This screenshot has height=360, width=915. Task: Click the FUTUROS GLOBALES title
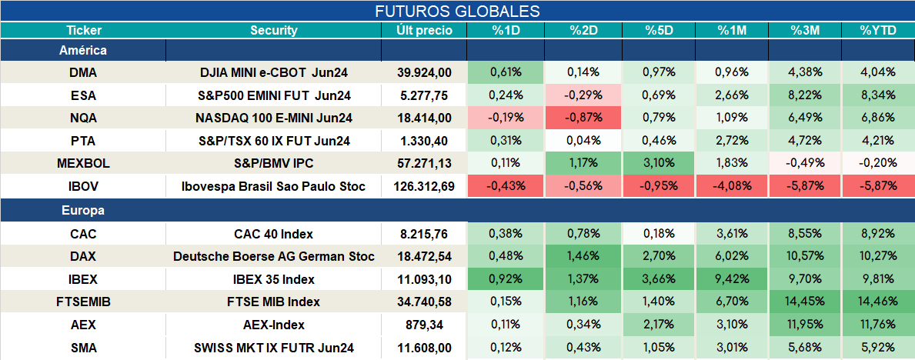[x=457, y=12]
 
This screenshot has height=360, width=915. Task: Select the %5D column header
[x=660, y=31]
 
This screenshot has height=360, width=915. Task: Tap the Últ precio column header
[x=424, y=31]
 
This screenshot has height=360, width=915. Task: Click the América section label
[x=83, y=50]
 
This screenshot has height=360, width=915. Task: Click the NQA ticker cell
[x=83, y=118]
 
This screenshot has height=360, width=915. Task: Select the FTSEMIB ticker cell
[x=83, y=302]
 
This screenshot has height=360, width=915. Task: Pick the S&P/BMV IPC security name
[x=274, y=164]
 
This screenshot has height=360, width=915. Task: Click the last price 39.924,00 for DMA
[x=424, y=72]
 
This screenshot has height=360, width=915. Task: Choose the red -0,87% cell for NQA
[x=583, y=118]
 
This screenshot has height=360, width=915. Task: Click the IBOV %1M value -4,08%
[x=732, y=187]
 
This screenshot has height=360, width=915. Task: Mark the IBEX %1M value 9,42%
[x=732, y=279]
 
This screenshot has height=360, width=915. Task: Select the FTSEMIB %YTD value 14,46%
[x=877, y=302]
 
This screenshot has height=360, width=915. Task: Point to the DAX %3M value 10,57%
[x=805, y=256]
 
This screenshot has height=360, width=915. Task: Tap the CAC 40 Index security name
[x=274, y=234]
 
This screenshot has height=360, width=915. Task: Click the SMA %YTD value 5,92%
[x=877, y=348]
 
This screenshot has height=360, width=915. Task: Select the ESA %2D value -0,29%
[x=583, y=95]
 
